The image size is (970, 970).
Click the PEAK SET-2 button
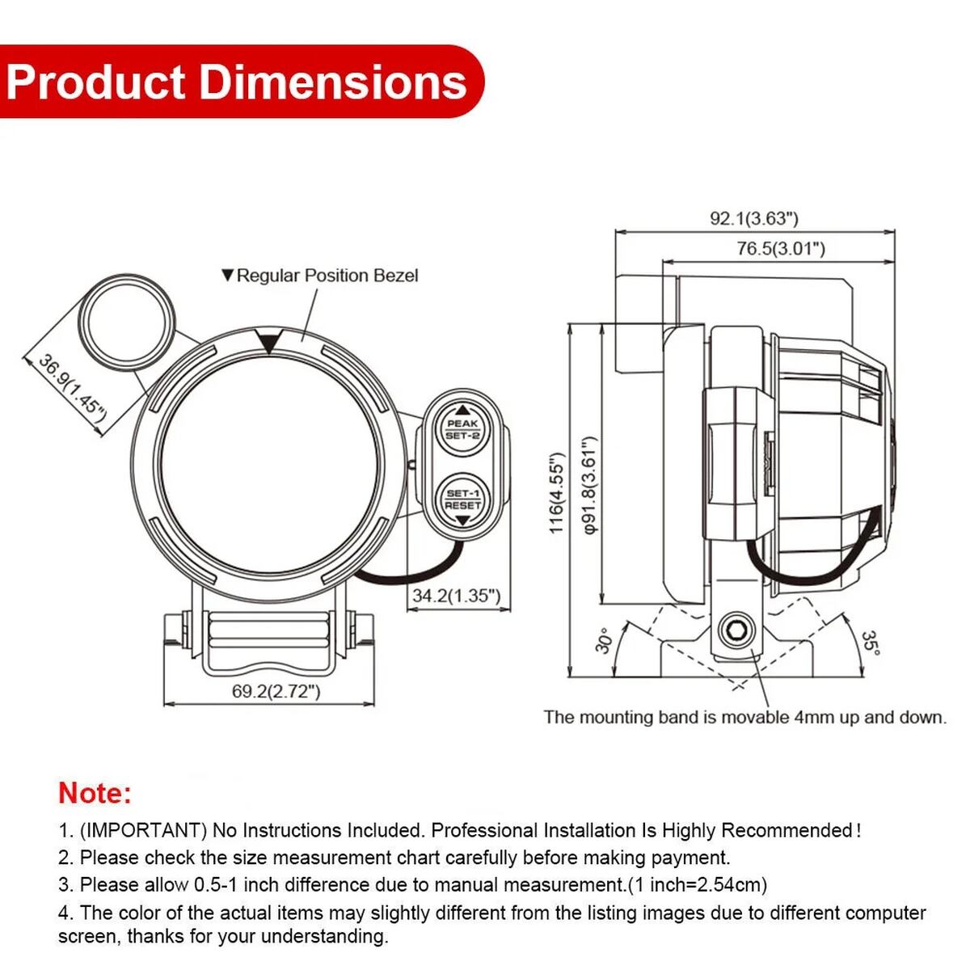tap(462, 428)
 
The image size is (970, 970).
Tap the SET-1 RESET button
tap(462, 500)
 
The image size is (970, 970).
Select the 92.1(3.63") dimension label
tap(753, 218)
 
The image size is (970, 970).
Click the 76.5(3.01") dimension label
tap(780, 248)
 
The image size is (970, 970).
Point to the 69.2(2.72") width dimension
tap(276, 691)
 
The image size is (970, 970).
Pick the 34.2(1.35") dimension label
tap(456, 596)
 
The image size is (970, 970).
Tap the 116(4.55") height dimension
tap(557, 492)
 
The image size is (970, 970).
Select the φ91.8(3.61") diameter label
tap(589, 485)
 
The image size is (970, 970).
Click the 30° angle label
tap(602, 641)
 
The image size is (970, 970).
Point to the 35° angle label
tap(869, 643)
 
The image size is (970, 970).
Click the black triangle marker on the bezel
tap(269, 342)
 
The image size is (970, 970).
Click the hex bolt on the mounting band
tap(736, 630)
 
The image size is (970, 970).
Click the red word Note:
tap(95, 793)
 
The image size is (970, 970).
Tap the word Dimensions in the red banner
tap(333, 82)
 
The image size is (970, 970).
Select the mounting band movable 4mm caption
tap(744, 717)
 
